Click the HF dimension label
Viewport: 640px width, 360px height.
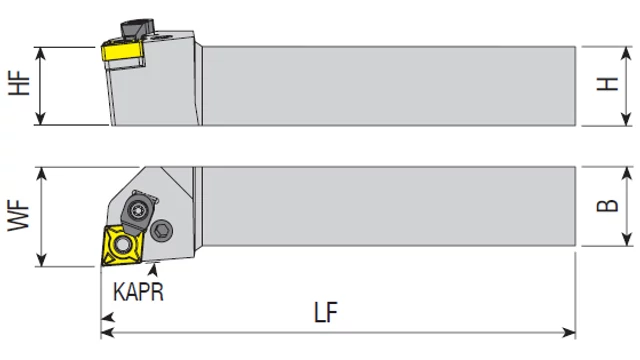(x=19, y=83)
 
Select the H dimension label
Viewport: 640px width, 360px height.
(x=608, y=84)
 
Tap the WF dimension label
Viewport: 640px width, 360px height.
(x=19, y=216)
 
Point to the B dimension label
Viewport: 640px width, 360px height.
(x=608, y=205)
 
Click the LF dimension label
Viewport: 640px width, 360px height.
(x=326, y=313)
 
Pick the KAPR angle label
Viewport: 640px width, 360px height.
(x=138, y=291)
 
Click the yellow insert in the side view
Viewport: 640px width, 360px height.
(x=122, y=52)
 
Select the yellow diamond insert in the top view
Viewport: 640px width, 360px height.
(x=122, y=245)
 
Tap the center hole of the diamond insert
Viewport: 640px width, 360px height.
(x=122, y=245)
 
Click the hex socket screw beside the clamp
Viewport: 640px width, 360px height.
(x=162, y=231)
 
